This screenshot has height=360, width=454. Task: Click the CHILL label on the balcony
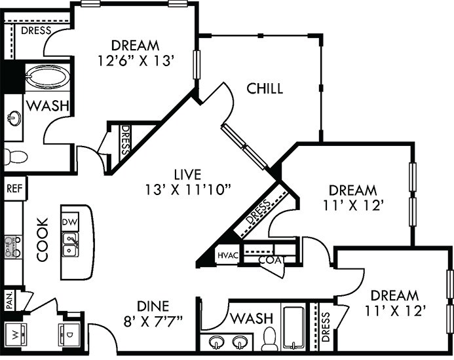coord(265,88)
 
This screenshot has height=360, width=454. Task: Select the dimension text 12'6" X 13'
coord(135,62)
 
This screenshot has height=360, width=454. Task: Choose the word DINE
coord(153,306)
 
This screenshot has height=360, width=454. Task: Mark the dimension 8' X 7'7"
coord(153,321)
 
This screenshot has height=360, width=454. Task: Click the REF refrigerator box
coord(13,188)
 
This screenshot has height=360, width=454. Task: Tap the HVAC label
coord(226,254)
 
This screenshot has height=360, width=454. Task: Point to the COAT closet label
coord(269,260)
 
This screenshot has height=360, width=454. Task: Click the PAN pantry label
coord(9,300)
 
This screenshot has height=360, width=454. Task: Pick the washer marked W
coord(13,335)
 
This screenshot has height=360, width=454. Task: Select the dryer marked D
coord(69,334)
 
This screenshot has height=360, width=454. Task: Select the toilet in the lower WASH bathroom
coord(269,338)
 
